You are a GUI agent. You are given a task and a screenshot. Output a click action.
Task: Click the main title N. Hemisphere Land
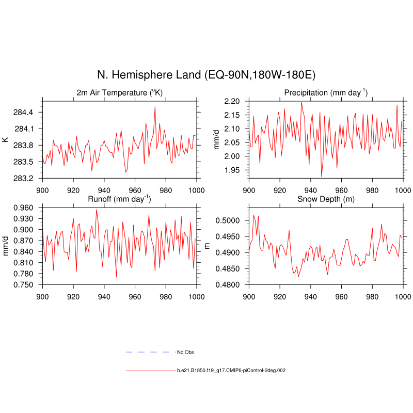[x=206, y=75]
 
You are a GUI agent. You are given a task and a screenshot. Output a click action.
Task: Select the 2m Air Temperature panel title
[x=120, y=92]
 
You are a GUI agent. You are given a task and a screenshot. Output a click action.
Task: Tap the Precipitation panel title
[x=326, y=92]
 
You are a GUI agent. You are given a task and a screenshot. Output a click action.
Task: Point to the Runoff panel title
[x=120, y=199]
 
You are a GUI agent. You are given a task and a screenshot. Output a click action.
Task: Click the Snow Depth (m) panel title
[x=326, y=199]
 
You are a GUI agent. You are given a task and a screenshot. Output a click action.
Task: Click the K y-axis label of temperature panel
[x=5, y=139]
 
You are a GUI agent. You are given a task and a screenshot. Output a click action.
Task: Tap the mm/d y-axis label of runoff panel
[x=5, y=246]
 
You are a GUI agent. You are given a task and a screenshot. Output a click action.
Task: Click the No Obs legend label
[x=185, y=352]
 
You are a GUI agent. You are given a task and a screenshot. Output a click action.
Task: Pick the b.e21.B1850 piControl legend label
[x=231, y=371]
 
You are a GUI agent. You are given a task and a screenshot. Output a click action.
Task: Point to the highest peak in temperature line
[x=155, y=107]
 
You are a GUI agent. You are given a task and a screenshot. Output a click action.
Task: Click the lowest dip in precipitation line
[x=321, y=177]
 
